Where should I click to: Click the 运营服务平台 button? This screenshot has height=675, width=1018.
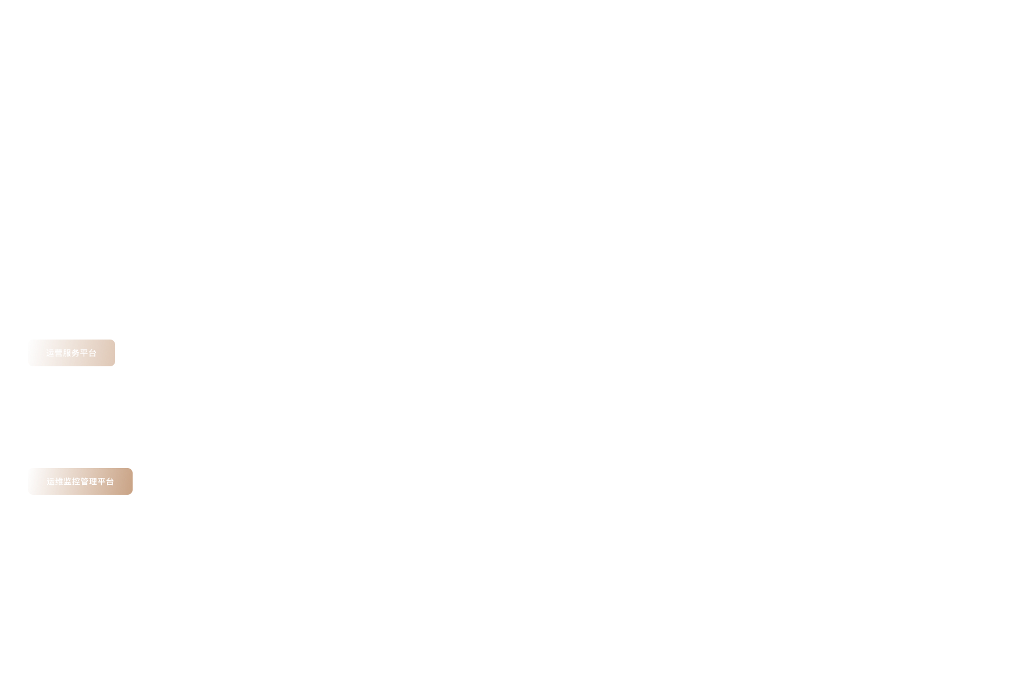[x=72, y=353]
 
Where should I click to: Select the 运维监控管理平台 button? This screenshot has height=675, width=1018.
[x=80, y=481]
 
